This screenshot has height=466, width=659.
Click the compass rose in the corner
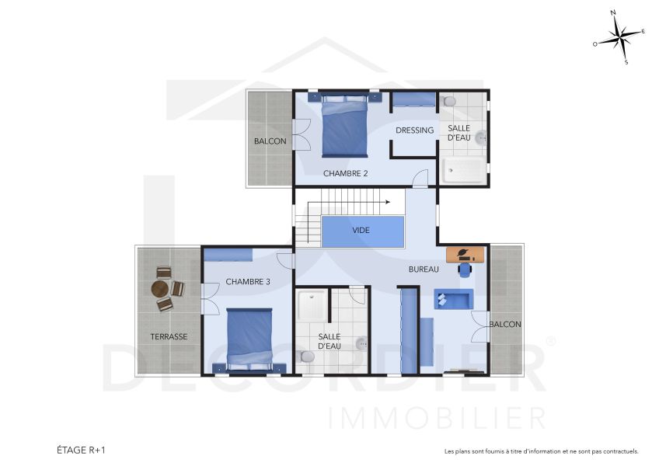619,38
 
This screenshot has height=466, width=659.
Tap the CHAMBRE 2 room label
345,173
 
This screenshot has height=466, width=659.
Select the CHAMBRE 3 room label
248,281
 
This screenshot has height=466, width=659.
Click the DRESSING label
414,130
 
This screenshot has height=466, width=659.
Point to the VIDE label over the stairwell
361,231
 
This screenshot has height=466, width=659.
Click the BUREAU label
424,270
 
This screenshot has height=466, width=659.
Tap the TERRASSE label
169,336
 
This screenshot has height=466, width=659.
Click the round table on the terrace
161,288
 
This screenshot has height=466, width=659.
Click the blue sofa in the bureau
453,300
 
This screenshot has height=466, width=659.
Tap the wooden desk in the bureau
465,254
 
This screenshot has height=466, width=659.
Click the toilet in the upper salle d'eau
448,102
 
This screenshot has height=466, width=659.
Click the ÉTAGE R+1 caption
81,450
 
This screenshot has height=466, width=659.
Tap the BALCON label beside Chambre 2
270,141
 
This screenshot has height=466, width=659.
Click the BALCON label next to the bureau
505,324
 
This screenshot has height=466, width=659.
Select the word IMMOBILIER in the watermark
438,418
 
